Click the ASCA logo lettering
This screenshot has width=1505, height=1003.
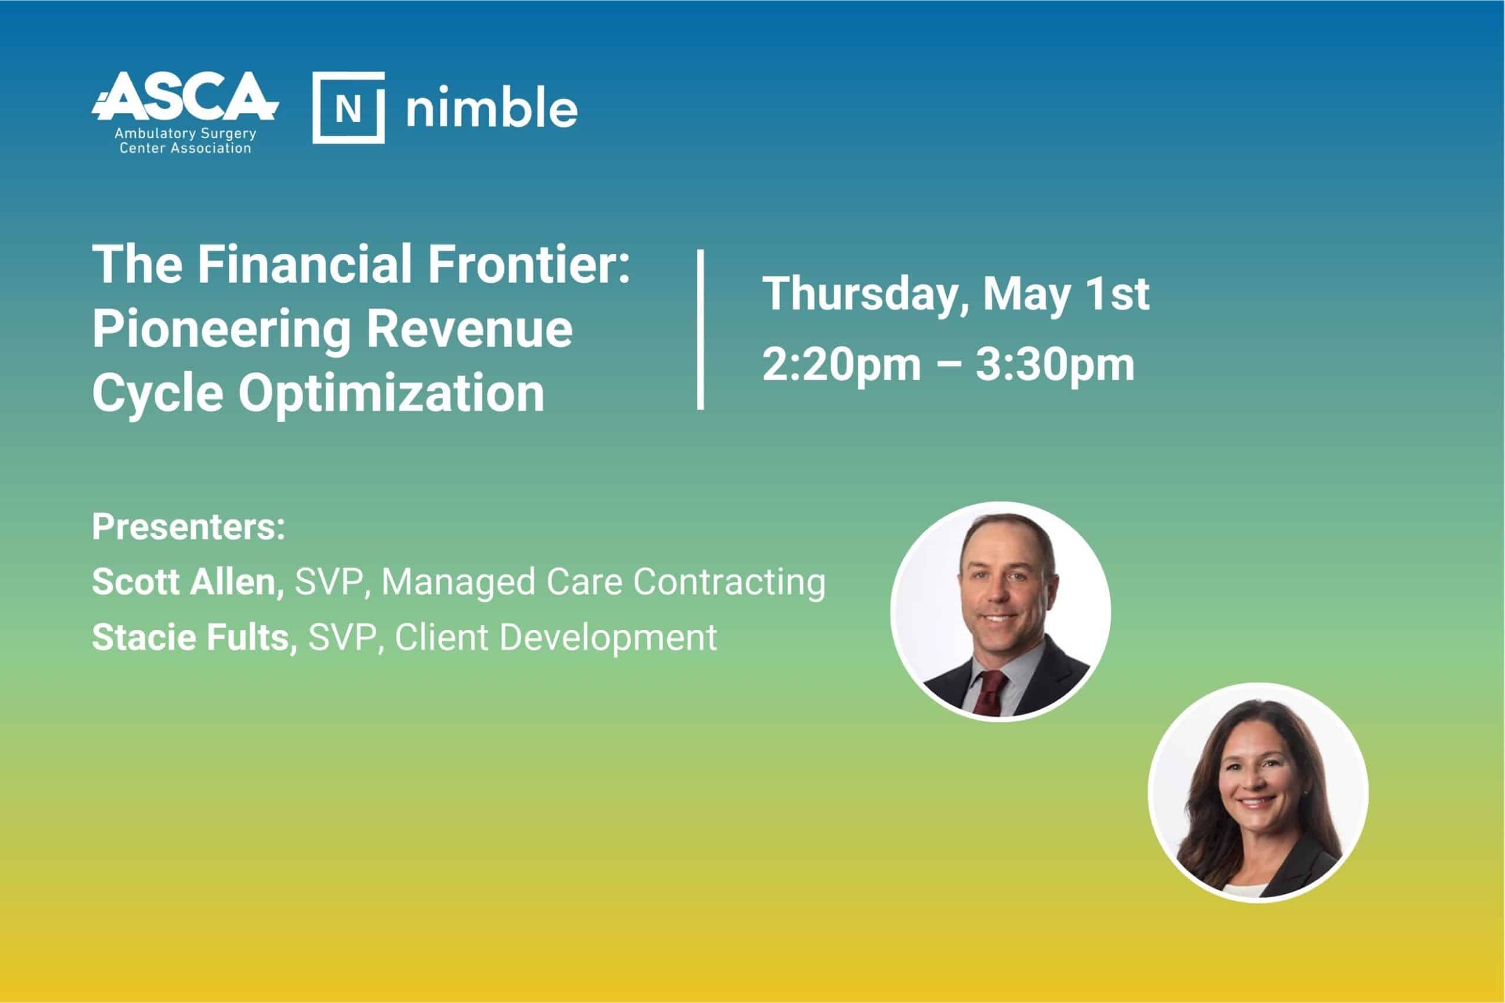(186, 96)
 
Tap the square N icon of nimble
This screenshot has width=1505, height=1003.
(349, 108)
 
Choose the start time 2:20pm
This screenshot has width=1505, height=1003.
(841, 366)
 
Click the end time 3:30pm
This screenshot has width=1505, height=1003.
(1055, 366)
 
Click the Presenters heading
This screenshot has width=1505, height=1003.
(189, 526)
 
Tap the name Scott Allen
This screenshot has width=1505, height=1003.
(188, 582)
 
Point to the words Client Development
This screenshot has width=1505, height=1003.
(556, 638)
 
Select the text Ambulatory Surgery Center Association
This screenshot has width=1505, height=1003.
(186, 142)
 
